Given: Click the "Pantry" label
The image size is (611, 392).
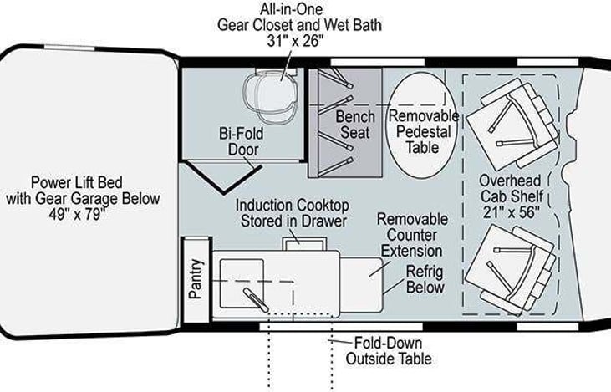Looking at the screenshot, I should [196, 278].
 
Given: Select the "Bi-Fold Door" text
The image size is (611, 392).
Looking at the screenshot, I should [238, 141].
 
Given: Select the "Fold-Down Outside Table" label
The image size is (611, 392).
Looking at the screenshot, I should [388, 351].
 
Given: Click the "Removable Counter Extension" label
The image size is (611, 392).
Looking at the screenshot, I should [412, 234].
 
